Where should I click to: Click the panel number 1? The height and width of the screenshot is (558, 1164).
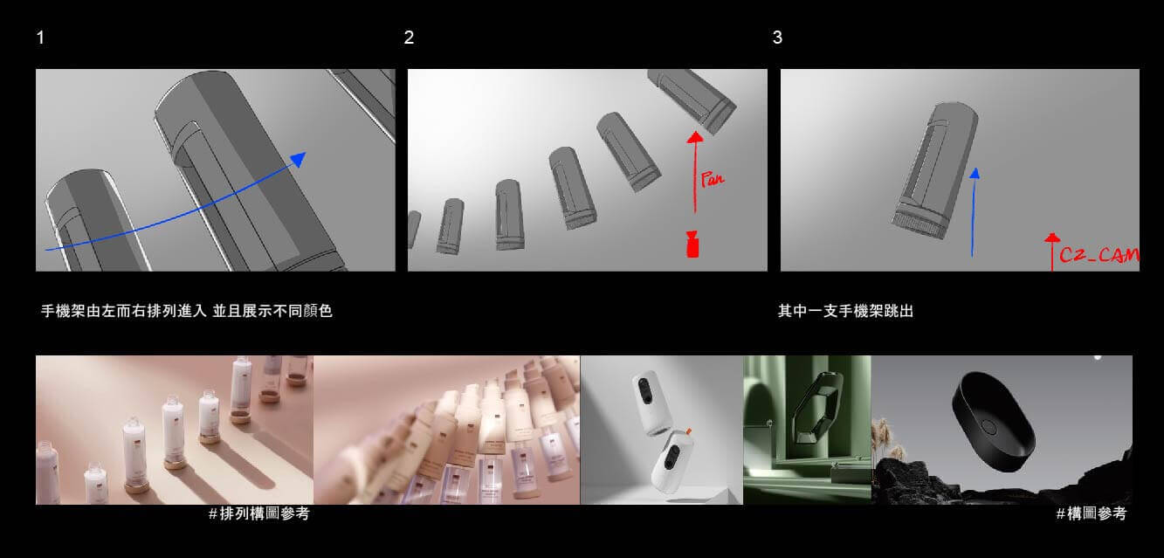pyautogui.click(x=40, y=38)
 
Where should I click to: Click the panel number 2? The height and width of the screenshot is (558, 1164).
pyautogui.click(x=409, y=38)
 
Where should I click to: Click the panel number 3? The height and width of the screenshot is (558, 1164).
pyautogui.click(x=777, y=38)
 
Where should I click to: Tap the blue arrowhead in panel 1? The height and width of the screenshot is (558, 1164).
pyautogui.click(x=299, y=159)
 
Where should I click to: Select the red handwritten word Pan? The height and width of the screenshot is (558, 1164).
pyautogui.click(x=712, y=179)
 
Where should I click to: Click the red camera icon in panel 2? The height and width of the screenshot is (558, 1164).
pyautogui.click(x=692, y=245)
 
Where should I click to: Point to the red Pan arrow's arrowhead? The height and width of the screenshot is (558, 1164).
pyautogui.click(x=695, y=137)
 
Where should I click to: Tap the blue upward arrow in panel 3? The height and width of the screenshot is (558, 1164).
pyautogui.click(x=974, y=212)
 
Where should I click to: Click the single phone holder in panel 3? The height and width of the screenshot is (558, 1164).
pyautogui.click(x=934, y=170)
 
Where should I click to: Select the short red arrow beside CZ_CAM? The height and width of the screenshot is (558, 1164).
pyautogui.click(x=1052, y=251)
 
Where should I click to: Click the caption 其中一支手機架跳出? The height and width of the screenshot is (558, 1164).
pyautogui.click(x=845, y=311)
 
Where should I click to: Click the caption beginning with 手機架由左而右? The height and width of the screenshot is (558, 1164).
pyautogui.click(x=187, y=311)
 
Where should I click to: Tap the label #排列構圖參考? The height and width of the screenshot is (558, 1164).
pyautogui.click(x=258, y=513)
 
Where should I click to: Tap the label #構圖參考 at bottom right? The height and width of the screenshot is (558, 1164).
pyautogui.click(x=1092, y=513)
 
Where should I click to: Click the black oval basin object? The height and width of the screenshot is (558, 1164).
pyautogui.click(x=994, y=422)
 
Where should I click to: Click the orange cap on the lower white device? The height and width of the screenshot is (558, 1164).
pyautogui.click(x=687, y=431)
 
